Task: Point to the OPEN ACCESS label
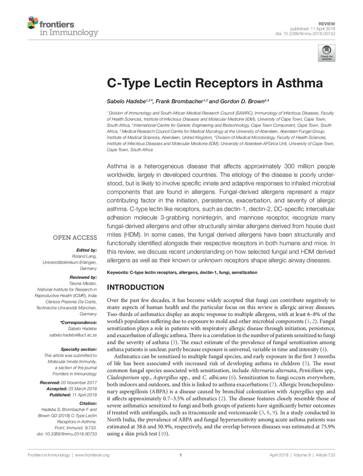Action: coord(74,238)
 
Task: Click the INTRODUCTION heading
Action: coord(136,288)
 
